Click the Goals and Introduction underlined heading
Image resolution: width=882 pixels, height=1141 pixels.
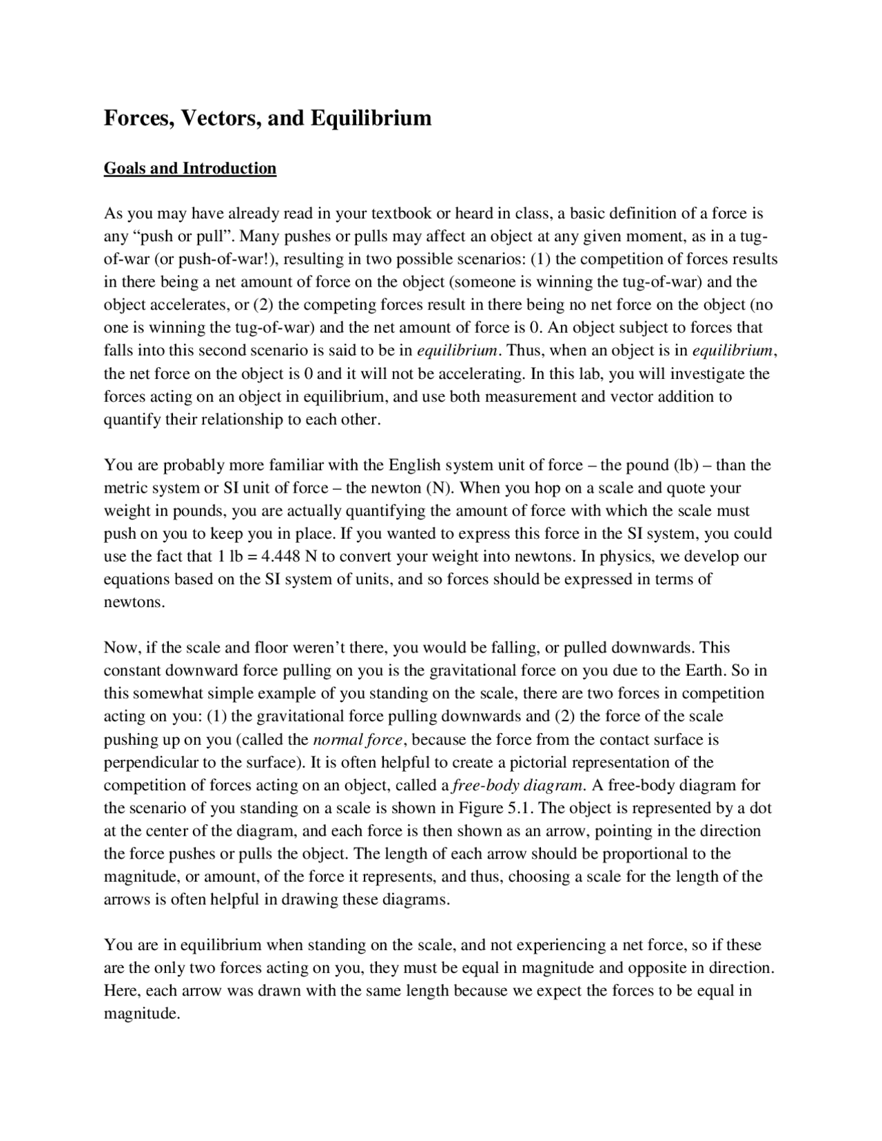pos(189,169)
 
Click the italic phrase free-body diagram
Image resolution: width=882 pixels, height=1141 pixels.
pos(519,785)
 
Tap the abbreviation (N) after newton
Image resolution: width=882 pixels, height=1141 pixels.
pos(439,488)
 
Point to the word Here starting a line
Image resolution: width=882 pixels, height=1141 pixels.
pos(121,991)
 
